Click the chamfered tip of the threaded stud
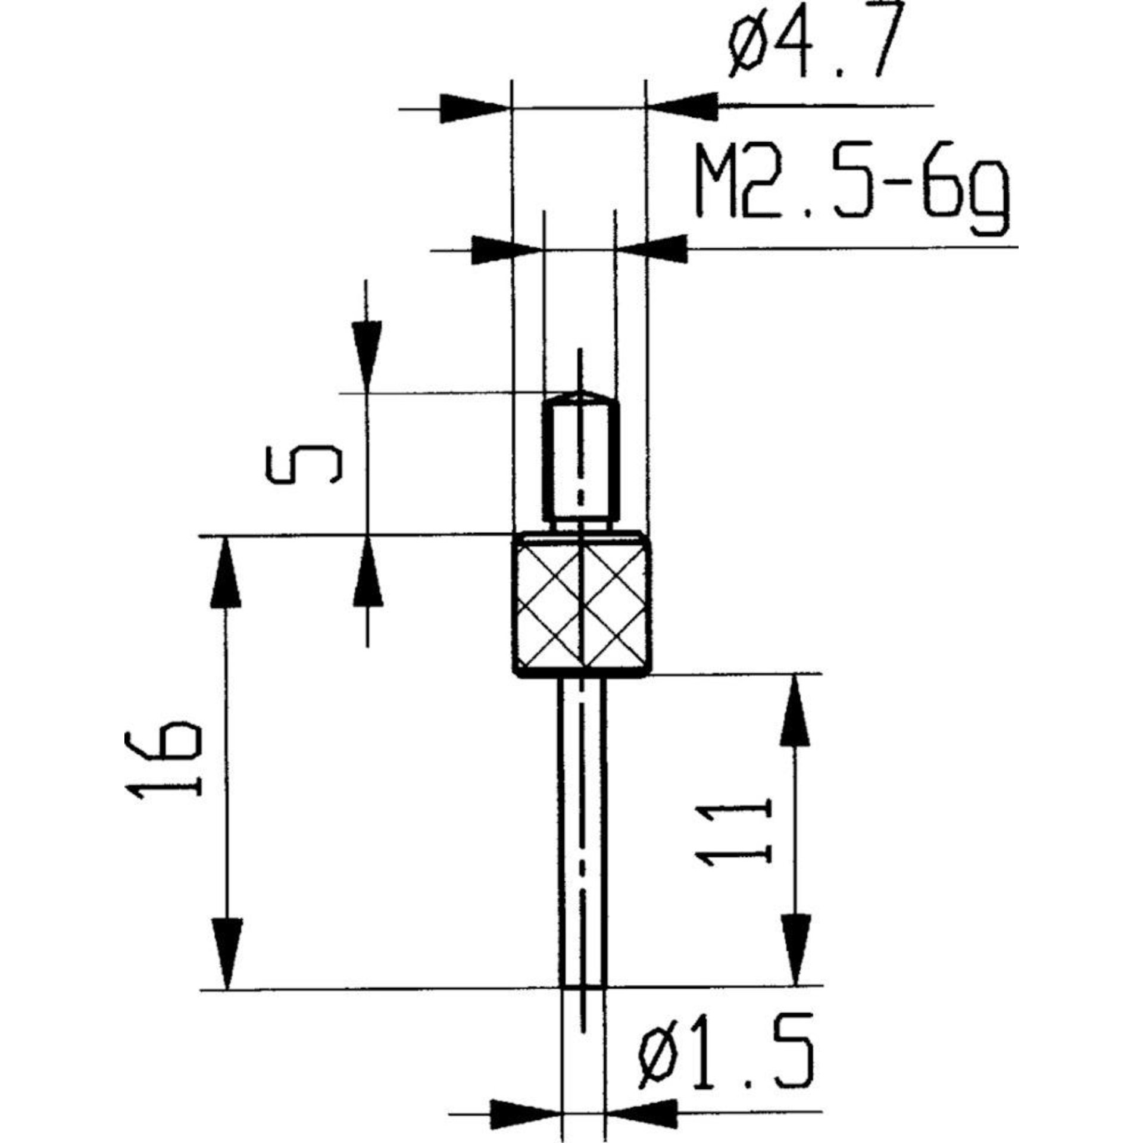tap(581, 396)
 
